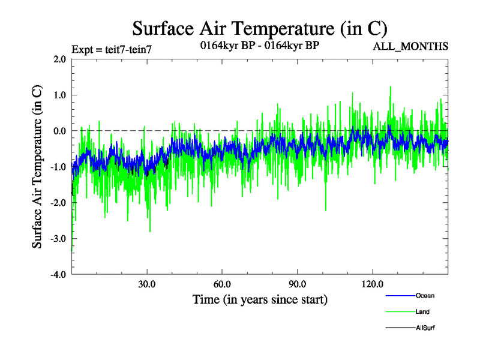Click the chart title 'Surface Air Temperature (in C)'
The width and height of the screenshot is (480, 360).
point(259,28)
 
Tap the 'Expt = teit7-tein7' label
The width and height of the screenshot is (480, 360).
point(112,49)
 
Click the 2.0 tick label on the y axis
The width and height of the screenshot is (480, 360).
point(59,59)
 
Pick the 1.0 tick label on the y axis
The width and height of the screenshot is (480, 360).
point(59,95)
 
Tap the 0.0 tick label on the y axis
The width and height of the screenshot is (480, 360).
point(59,131)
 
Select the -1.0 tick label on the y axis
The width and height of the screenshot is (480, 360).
point(58,167)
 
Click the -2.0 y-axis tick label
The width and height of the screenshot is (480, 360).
point(58,203)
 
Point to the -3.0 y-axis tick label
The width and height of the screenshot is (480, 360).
point(58,239)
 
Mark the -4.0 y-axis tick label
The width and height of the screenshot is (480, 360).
point(58,275)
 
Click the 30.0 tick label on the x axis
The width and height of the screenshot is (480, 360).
point(147,284)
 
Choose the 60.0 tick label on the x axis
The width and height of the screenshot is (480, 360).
point(222,284)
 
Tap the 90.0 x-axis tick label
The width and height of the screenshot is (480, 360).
point(297,284)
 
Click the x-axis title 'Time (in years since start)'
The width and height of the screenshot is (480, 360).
point(260,299)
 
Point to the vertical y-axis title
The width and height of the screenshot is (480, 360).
point(37,167)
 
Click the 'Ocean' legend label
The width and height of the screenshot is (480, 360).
point(425,295)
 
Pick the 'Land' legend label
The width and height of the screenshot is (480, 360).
point(422,311)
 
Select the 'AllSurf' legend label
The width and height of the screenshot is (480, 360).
point(425,328)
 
